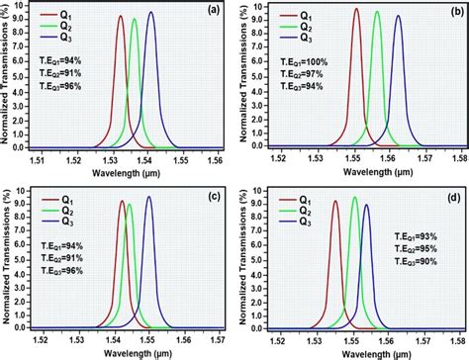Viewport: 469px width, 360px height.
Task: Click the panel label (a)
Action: pyautogui.click(x=214, y=11)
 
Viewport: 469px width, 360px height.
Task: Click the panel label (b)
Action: pyautogui.click(x=449, y=12)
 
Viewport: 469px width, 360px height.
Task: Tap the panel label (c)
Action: pyautogui.click(x=212, y=193)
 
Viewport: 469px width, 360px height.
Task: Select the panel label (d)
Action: pyautogui.click(x=450, y=193)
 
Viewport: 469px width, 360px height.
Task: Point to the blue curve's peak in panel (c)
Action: pyautogui.click(x=149, y=197)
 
